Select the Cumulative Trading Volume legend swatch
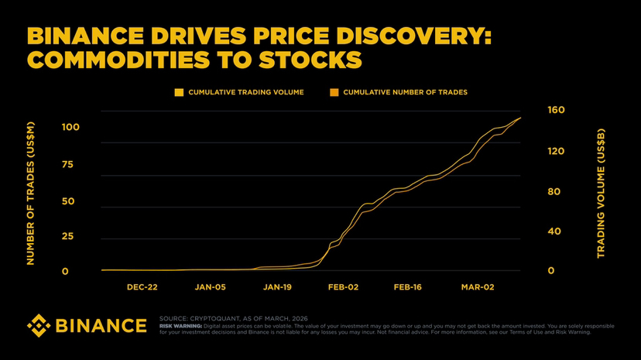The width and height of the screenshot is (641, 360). tap(179, 92)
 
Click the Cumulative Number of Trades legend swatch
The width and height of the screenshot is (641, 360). tap(334, 92)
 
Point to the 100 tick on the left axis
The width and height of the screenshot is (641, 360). tap(70, 127)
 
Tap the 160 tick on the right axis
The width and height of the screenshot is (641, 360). tap(556, 111)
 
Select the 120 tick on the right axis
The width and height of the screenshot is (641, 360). tap(556, 152)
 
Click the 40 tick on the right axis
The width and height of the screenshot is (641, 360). tap(554, 231)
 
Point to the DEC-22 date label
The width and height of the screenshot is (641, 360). tap(142, 287)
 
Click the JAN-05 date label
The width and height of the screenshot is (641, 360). tap(210, 287)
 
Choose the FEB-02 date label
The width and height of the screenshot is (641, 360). tap(343, 287)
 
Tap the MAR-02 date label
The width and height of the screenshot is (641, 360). tap(477, 287)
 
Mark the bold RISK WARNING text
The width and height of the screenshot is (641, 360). tap(180, 326)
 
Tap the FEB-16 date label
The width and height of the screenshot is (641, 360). tap(410, 287)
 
